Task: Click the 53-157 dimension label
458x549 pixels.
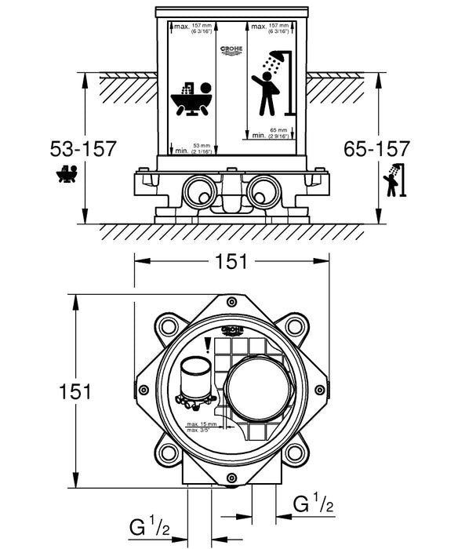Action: [82, 148]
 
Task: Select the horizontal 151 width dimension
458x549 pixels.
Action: [231, 263]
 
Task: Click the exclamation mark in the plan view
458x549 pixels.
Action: [208, 345]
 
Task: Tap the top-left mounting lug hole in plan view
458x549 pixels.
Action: [168, 325]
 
